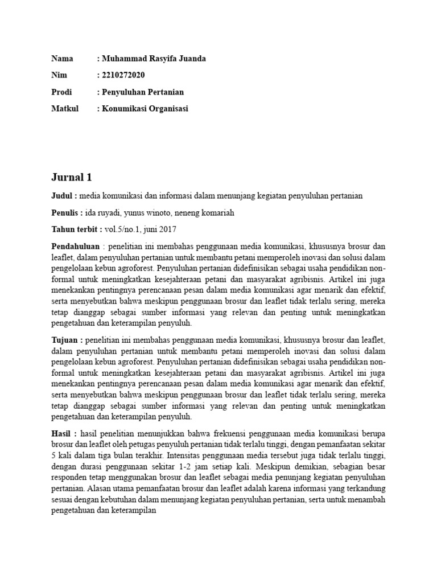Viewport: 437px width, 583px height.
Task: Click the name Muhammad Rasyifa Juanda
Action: click(153, 59)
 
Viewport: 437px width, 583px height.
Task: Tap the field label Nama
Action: click(63, 59)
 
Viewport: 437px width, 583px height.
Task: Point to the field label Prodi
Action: click(62, 92)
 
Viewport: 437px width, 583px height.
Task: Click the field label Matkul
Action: click(64, 108)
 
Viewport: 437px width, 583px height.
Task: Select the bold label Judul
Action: click(63, 196)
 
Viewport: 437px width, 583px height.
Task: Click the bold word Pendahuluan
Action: click(75, 247)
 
